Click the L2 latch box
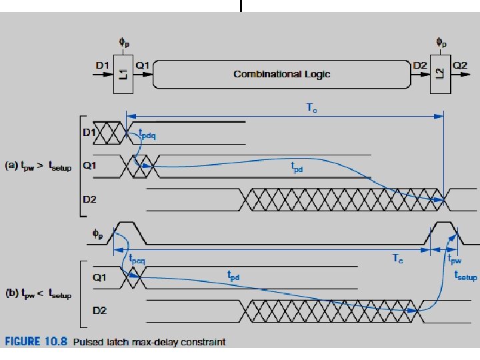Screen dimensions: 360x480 point(440,73)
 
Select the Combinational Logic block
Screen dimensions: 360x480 point(281,73)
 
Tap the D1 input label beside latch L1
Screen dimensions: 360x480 point(102,65)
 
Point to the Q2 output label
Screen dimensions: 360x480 point(460,65)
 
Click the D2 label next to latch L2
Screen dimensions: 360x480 point(420,65)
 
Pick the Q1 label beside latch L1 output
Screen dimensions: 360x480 point(143,65)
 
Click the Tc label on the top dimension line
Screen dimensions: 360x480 point(311,107)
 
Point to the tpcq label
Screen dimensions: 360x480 point(137,260)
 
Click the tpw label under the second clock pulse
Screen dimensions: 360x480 point(454,259)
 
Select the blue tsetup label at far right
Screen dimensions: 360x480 point(465,275)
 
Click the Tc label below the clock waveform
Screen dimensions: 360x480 point(397,259)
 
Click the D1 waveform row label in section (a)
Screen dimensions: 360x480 point(88,133)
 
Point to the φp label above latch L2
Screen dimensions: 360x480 point(441,41)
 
